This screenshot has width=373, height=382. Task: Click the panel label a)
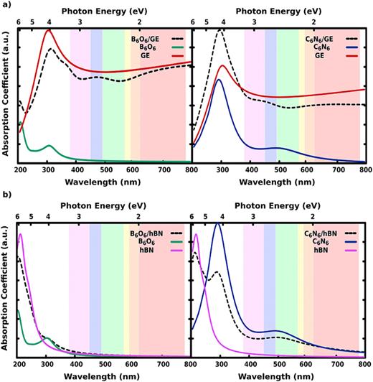[6, 7]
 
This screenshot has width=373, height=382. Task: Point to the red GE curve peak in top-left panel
[49, 31]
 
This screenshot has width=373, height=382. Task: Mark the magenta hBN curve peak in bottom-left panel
[22, 234]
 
